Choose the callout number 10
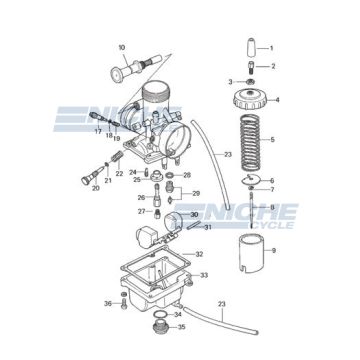tap(121, 47)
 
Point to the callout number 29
tap(196, 192)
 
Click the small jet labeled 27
tap(157, 212)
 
